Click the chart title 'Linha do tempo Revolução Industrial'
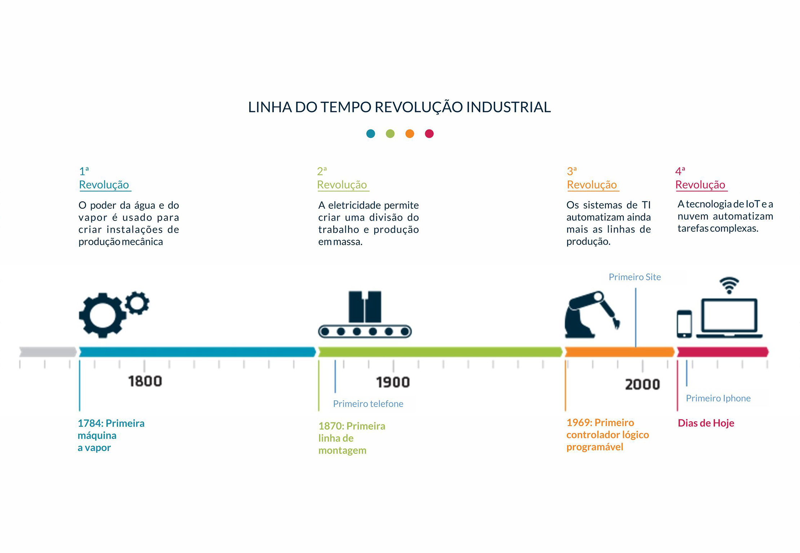point(399,107)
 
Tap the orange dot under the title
point(410,134)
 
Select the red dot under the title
point(429,134)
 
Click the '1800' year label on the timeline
point(145,381)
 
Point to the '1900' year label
point(393,382)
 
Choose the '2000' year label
point(643,385)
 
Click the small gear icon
point(137,303)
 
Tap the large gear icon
point(103,315)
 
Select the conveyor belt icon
point(365,314)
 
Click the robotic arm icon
point(592,315)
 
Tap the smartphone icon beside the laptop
point(684,324)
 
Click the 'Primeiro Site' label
point(635,277)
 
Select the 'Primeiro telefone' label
point(368,404)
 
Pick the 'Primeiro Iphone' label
point(718,399)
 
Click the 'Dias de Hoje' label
point(706,423)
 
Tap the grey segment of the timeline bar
point(48,352)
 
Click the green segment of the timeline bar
point(440,352)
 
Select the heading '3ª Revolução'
point(592,178)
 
